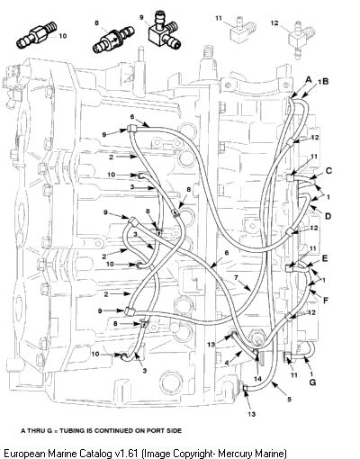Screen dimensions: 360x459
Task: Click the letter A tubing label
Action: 309,80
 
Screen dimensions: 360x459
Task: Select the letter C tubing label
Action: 328,171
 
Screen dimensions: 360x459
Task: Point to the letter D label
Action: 328,216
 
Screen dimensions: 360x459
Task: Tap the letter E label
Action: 325,258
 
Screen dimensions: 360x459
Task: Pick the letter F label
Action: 326,300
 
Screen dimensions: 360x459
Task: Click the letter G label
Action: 312,382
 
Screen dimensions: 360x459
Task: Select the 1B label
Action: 323,81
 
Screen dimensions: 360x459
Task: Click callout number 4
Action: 227,363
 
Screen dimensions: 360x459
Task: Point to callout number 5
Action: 289,400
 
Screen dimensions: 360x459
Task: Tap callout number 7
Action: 236,278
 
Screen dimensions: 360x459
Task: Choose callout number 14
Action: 257,379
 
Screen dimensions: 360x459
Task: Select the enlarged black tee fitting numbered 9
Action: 164,30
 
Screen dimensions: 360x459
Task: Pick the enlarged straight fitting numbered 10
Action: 36,34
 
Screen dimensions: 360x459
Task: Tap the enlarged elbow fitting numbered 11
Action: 244,29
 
